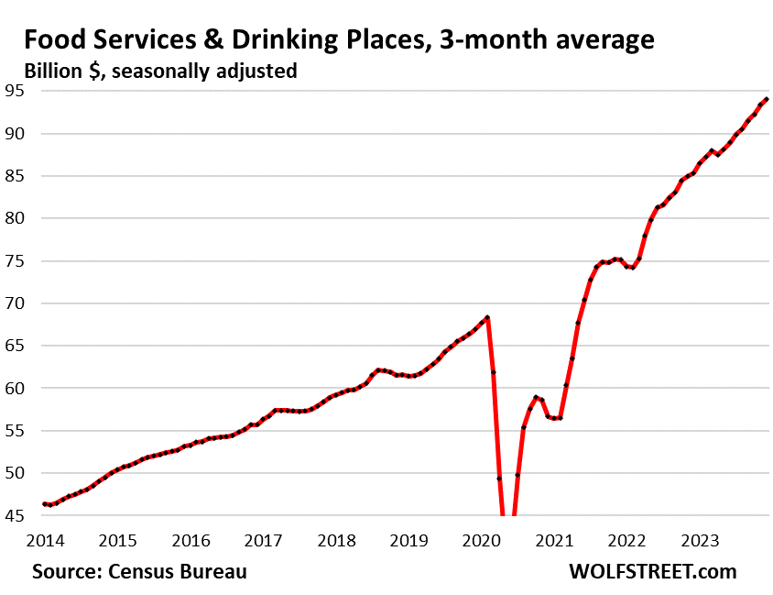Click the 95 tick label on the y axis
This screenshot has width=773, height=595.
16,91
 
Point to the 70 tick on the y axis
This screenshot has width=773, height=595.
16,303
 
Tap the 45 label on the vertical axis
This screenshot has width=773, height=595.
16,516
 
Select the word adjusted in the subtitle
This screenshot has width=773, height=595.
255,71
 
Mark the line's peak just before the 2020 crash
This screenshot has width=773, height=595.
487,317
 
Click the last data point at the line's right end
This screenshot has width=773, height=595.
766,99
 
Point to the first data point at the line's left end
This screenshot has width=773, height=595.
44,504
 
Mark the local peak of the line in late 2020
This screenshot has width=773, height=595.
536,397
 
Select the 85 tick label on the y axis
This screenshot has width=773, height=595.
16,176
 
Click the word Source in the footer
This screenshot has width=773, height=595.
67,571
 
